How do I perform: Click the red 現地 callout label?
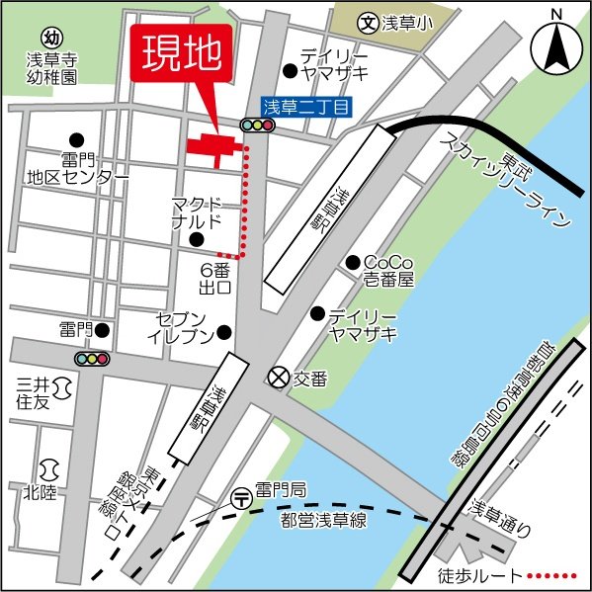182,52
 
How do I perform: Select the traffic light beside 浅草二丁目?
257,125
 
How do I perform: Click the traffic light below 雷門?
92,358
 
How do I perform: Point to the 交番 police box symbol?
280,377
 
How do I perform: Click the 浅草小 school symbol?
369,20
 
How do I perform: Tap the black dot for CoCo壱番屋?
351,262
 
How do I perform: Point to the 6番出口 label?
215,278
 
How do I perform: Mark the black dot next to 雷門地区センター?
76,140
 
